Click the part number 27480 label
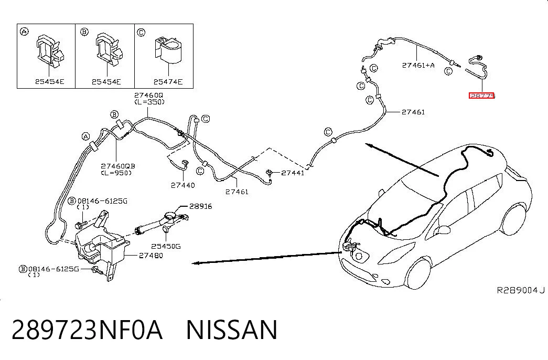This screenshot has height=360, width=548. [x=151, y=256]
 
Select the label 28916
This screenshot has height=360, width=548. [x=201, y=206]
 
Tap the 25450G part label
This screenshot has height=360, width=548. [x=166, y=246]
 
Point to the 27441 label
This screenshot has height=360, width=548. [x=293, y=173]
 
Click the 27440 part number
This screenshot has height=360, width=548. [x=183, y=185]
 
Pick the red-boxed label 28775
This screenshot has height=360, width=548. [x=482, y=96]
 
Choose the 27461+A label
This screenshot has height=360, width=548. [x=418, y=65]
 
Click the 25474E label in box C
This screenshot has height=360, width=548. [x=168, y=82]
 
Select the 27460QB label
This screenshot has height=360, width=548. [x=118, y=166]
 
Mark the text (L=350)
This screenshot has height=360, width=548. [x=149, y=102]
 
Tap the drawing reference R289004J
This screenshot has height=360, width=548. [x=521, y=290]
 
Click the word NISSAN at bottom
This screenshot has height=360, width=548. [x=232, y=330]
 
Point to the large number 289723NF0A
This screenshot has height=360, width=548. [x=87, y=330]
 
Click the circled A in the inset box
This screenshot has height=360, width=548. [x=24, y=32]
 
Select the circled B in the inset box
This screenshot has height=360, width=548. [x=84, y=32]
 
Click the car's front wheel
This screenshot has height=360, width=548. [x=418, y=274]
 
